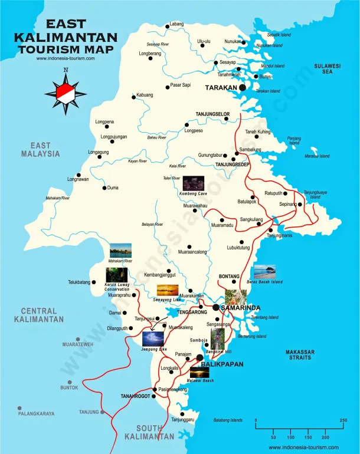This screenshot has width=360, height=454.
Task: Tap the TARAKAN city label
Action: pos(221,88)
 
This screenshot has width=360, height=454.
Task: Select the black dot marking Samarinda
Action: pos(216,307)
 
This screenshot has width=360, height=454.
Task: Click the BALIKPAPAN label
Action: pos(222,365)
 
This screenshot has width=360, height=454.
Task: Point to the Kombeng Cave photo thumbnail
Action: pos(194,183)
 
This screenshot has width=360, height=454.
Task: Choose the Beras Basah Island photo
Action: pos(264,272)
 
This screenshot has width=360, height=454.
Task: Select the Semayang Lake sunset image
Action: pos(168,290)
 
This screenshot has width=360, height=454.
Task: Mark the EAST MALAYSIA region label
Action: pos(41,150)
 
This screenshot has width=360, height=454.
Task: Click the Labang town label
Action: pos(176,24)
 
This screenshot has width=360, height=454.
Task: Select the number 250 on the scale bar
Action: pos(343,420)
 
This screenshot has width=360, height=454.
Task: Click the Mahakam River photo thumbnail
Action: pos(120,251)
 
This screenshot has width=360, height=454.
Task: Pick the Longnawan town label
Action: pos(78,179)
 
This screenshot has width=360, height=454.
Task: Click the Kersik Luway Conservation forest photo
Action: pos(117,275)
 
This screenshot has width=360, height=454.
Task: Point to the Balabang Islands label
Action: pos(228,420)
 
